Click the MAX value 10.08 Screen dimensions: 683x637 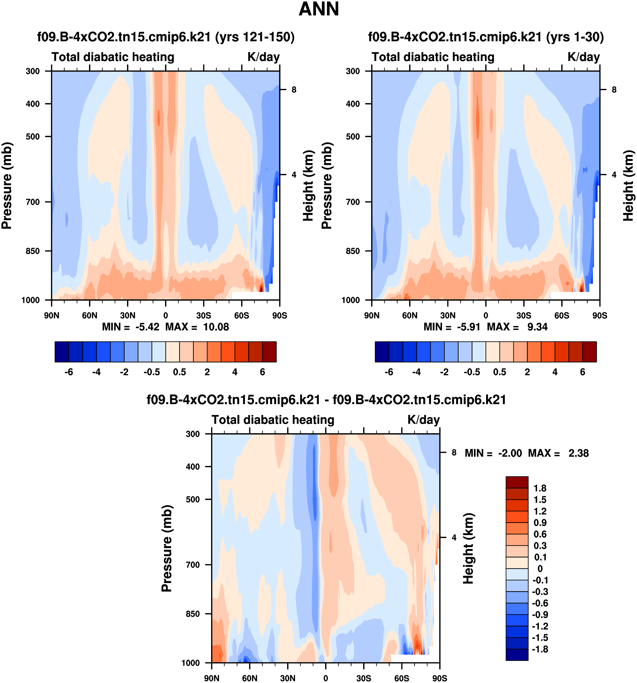point(216,327)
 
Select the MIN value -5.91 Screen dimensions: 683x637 point(468,327)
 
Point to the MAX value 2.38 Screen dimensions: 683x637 point(578,453)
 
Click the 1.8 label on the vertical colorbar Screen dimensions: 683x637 point(539,488)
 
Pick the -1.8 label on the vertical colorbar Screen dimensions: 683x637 point(539,649)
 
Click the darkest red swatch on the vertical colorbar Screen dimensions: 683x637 point(517,482)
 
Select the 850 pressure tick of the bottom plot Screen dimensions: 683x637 point(193,614)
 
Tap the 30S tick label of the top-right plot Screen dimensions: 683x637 point(523,315)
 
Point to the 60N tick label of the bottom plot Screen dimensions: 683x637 point(249,678)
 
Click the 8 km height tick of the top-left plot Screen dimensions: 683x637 point(294,90)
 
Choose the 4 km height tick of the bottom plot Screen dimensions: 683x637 point(454,537)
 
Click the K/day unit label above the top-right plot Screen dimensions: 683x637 point(583,57)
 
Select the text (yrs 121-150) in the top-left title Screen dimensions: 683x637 point(255,37)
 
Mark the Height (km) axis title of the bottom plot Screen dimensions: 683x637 point(468,548)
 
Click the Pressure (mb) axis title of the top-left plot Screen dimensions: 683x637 point(7,185)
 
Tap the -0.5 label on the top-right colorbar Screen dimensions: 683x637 point(472,372)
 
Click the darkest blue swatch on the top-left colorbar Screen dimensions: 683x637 point(62,352)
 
